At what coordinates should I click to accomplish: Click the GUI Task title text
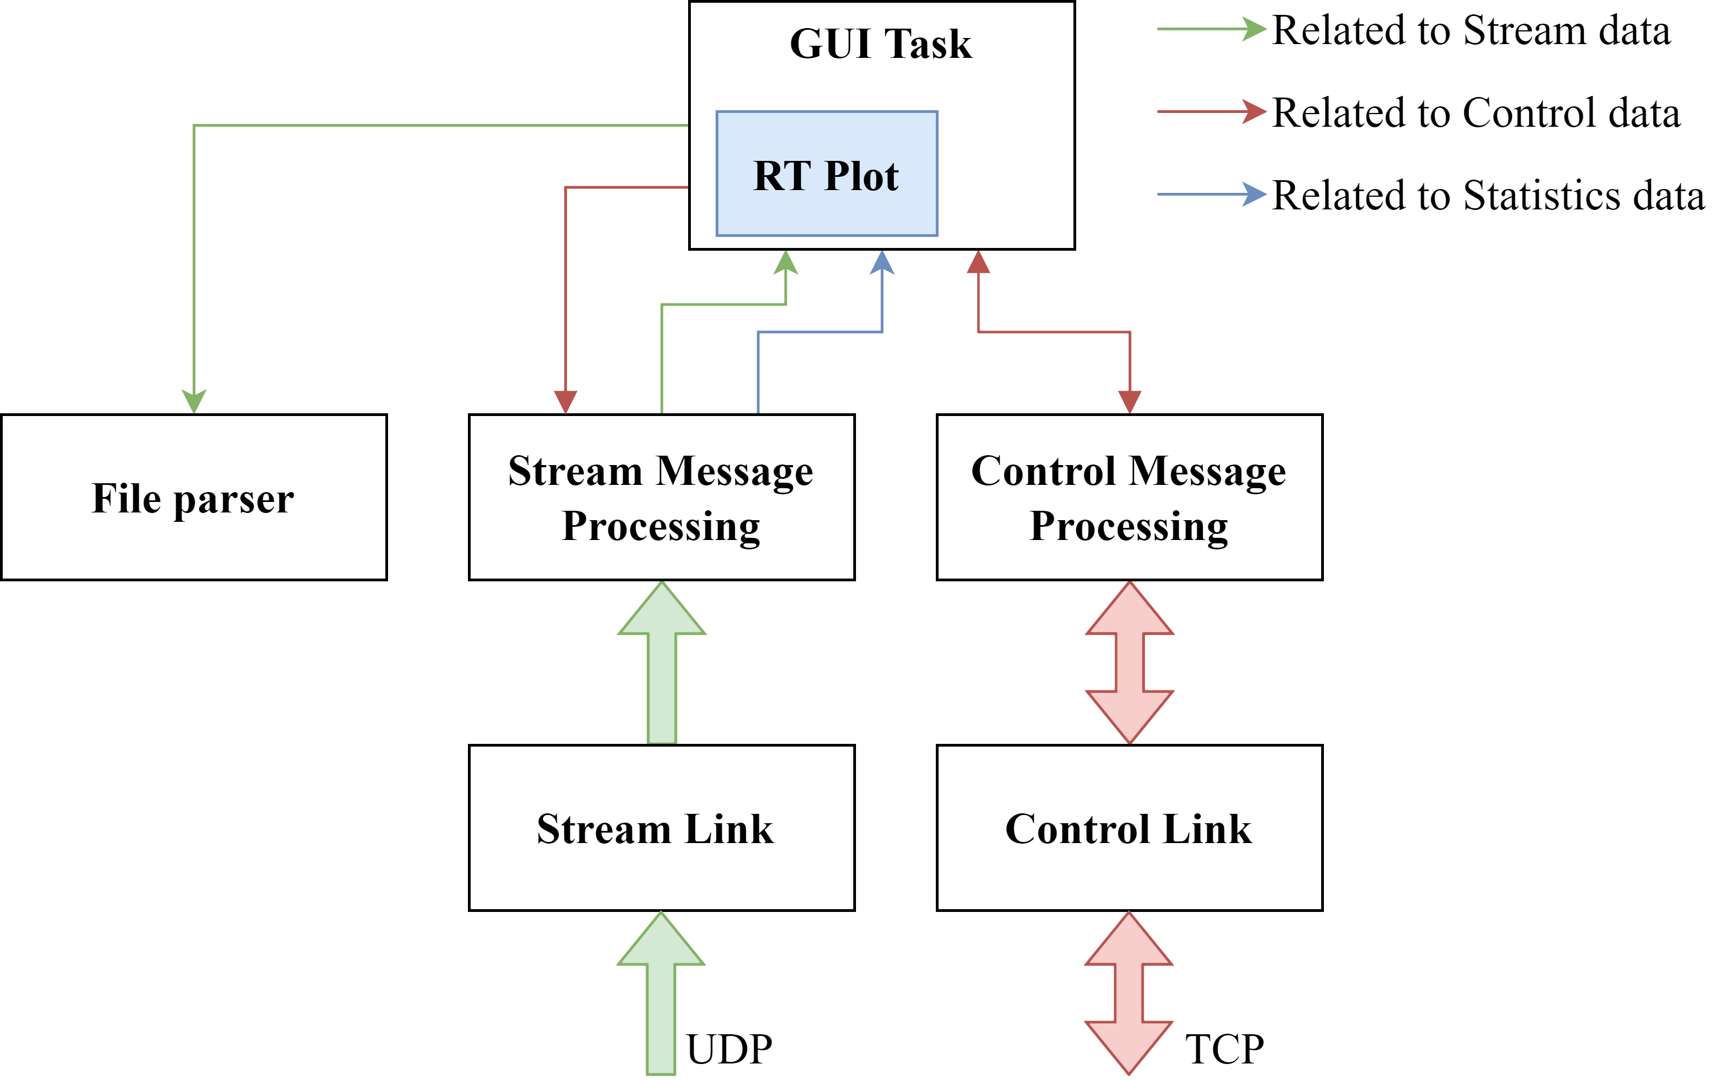(x=880, y=44)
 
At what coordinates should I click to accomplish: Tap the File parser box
(x=193, y=498)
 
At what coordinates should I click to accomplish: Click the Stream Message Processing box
(x=661, y=498)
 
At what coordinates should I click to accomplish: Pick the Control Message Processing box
(x=1129, y=498)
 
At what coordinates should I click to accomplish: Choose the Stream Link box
(x=661, y=828)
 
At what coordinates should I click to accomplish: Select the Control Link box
(x=1129, y=828)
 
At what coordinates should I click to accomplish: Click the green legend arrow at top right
(x=1212, y=29)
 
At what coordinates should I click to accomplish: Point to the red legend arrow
(x=1212, y=112)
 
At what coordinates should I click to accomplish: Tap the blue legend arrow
(x=1212, y=194)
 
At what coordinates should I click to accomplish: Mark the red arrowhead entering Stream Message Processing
(x=565, y=402)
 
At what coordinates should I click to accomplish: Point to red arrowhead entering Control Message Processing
(x=1130, y=402)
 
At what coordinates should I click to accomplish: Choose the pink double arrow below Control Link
(x=1129, y=993)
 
